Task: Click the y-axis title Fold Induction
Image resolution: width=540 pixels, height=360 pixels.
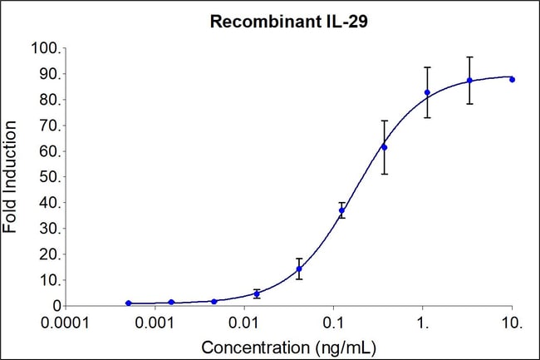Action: click(12, 177)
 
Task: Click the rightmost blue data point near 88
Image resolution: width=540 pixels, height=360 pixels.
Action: click(512, 79)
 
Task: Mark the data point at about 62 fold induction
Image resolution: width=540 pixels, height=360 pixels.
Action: click(384, 147)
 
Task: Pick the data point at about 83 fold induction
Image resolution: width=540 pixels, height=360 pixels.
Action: click(427, 92)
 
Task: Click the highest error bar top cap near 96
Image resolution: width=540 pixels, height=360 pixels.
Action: click(469, 57)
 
